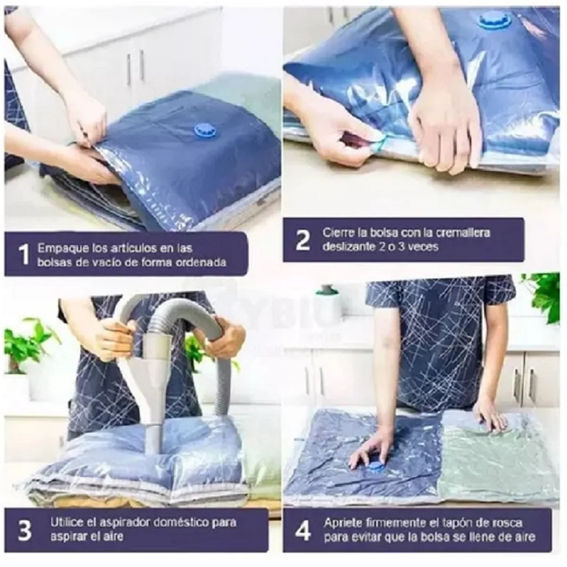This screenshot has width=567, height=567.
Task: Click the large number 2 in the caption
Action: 302,240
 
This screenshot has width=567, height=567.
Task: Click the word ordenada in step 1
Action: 204,262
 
